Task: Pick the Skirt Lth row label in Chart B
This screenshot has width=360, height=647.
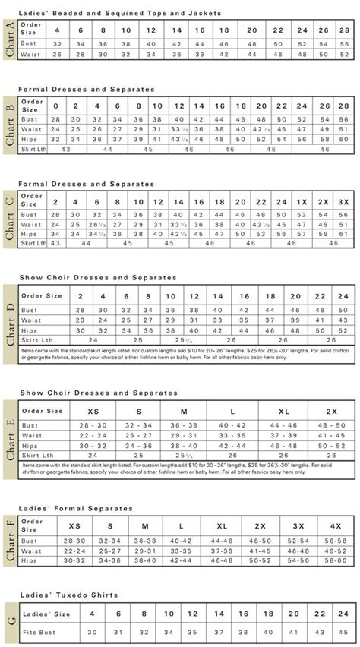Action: coord(32,150)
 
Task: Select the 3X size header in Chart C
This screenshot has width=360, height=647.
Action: coord(343,202)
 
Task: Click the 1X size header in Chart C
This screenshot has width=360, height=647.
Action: coord(299,202)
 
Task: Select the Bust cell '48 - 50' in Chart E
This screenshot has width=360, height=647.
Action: coord(330,425)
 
